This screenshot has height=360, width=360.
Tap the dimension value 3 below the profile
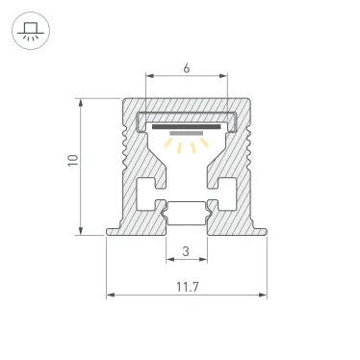click(x=186, y=252)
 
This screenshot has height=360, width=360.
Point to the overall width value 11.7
click(x=186, y=286)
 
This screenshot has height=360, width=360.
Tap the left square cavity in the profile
click(x=149, y=187)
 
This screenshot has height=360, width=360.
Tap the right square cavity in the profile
click(x=225, y=187)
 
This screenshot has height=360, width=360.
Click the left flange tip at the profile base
click(x=110, y=230)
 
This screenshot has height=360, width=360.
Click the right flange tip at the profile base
click(x=263, y=230)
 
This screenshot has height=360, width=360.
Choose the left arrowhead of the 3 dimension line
click(x=168, y=262)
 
